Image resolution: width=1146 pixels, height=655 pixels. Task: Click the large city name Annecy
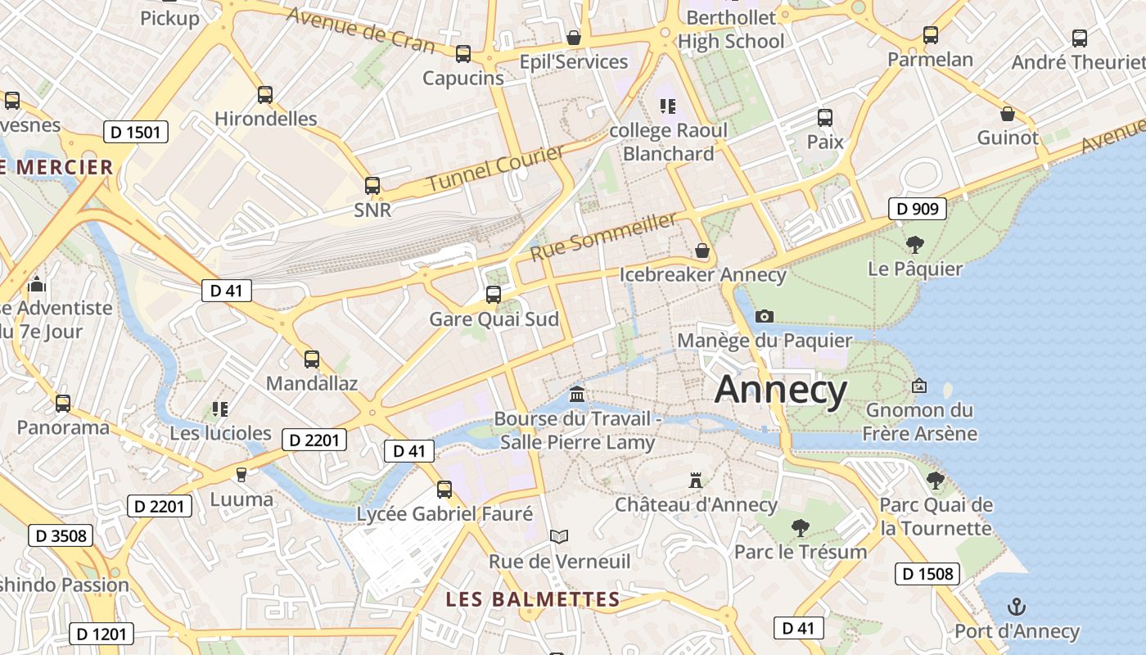(780, 391)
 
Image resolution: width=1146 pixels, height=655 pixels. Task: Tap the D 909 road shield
(917, 209)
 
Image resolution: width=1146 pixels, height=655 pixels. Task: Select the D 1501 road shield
(136, 132)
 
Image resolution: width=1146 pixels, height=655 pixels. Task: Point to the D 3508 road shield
(61, 536)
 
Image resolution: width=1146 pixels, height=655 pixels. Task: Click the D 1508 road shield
(927, 573)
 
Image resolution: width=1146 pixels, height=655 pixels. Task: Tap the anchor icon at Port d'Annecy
(1016, 607)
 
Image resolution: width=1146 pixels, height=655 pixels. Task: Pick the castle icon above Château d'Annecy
(696, 480)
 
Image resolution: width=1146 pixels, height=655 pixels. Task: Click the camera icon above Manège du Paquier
(764, 316)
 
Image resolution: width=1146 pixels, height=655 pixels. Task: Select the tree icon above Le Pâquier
(914, 244)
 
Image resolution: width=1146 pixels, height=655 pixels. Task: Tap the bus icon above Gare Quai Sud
(494, 295)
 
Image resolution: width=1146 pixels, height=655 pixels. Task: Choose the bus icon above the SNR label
(372, 186)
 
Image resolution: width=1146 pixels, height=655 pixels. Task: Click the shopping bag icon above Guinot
(1008, 114)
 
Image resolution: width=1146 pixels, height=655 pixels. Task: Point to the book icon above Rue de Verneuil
(559, 537)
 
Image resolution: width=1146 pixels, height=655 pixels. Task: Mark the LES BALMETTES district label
(533, 599)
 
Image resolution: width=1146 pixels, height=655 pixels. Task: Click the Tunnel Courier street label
(496, 169)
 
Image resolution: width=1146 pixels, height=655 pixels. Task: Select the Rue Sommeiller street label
(604, 236)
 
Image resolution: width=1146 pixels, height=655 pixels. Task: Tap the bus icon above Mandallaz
(312, 359)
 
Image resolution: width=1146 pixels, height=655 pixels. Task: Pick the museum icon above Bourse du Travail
(577, 395)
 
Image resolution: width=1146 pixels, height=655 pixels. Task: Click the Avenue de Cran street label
(361, 29)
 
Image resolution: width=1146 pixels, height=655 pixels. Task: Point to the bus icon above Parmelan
(931, 35)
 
